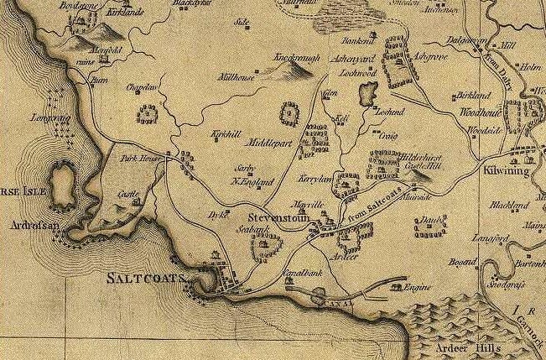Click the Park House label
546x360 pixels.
[x=138, y=157]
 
